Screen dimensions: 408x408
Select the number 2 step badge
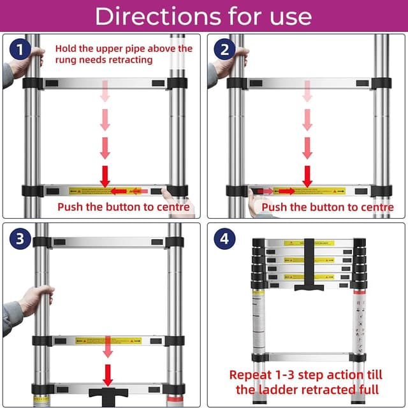(224, 49)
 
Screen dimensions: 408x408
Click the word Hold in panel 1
(66, 48)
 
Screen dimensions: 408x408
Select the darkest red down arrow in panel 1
(105, 175)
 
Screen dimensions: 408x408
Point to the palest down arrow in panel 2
(308, 93)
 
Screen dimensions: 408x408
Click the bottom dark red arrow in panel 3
(108, 374)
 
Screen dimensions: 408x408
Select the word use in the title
(289, 16)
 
